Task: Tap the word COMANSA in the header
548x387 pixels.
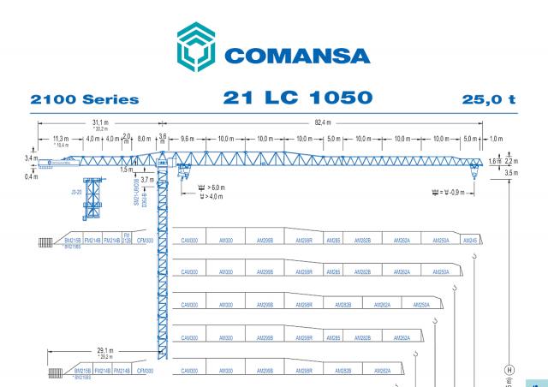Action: (297, 56)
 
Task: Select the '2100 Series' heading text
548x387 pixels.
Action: (85, 100)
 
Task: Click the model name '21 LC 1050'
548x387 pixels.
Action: (298, 98)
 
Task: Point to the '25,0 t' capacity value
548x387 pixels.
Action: (489, 100)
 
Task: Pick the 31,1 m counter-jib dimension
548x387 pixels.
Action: (100, 123)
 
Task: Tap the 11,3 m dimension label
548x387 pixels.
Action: (61, 138)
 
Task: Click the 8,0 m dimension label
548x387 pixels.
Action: (144, 138)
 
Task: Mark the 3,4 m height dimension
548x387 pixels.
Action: (31, 158)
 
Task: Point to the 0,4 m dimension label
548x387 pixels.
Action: (31, 176)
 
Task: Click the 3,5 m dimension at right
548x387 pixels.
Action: (512, 174)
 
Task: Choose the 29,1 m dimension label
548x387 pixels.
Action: (105, 351)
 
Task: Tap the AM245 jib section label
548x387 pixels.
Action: (470, 241)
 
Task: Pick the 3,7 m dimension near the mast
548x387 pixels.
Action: (147, 181)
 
